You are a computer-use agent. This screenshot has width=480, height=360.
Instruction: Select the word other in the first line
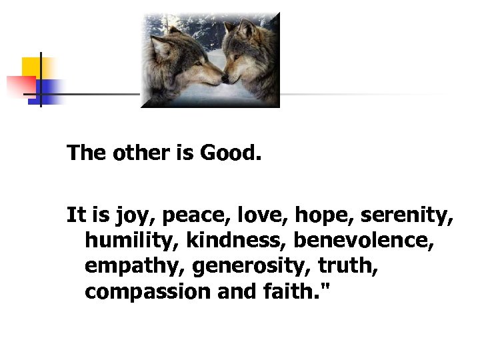137,154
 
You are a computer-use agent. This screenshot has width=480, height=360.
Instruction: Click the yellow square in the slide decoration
31,67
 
